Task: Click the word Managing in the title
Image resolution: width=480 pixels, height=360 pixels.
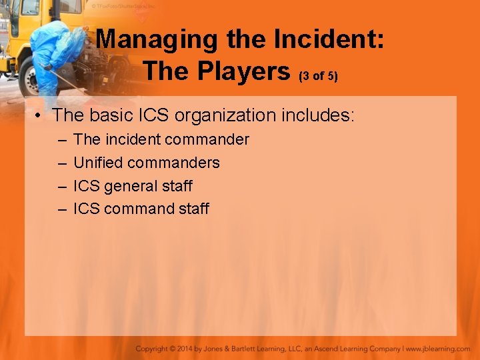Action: pos(157,39)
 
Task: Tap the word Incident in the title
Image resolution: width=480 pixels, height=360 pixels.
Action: pos(334,39)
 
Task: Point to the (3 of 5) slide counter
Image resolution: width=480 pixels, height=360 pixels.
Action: pos(319,75)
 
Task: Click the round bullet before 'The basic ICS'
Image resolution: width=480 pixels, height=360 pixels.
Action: pos(40,115)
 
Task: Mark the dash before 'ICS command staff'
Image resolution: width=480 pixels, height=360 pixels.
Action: pos(62,209)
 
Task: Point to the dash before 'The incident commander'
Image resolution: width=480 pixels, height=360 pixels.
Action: pos(62,140)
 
